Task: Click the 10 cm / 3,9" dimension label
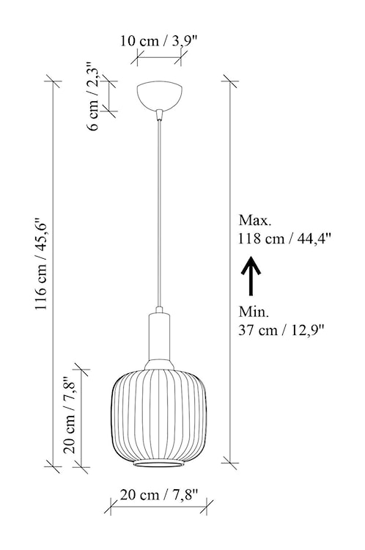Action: click(x=158, y=40)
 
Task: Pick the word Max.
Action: click(x=254, y=220)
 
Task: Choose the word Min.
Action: click(x=253, y=310)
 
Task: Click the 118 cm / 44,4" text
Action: click(x=285, y=238)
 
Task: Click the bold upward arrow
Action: click(x=251, y=275)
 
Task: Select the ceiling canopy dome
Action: click(x=159, y=95)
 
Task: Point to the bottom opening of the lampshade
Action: click(x=159, y=466)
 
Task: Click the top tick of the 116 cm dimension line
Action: click(x=52, y=80)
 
